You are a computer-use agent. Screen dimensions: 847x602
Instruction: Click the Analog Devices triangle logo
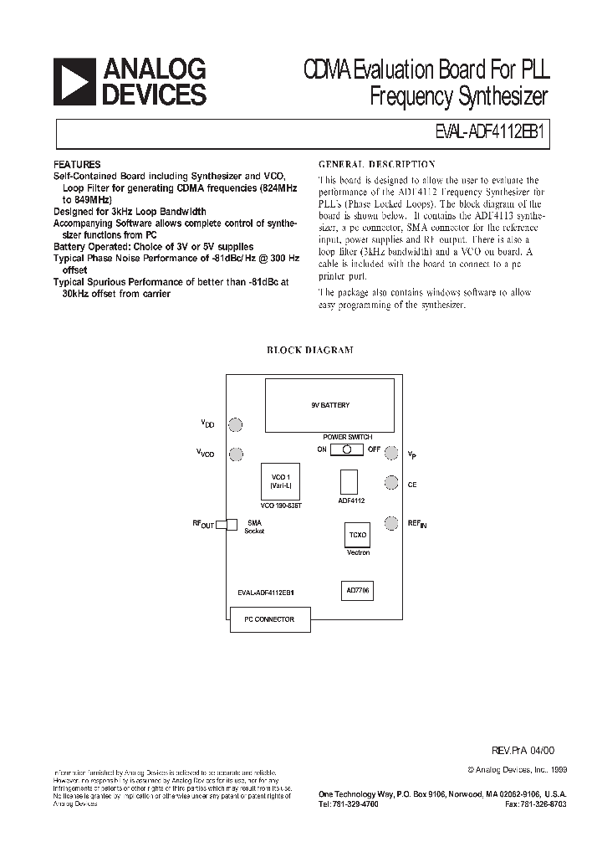pyautogui.click(x=74, y=81)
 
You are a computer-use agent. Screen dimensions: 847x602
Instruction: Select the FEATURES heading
pyautogui.click(x=77, y=165)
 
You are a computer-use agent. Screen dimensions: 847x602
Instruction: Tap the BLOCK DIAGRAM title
pyautogui.click(x=309, y=351)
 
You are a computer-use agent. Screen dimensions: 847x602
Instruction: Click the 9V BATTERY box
pyautogui.click(x=330, y=404)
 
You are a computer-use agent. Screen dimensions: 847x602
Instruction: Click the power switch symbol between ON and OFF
pyautogui.click(x=346, y=449)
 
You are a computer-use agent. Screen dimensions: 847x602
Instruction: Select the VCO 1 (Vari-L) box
pyautogui.click(x=279, y=481)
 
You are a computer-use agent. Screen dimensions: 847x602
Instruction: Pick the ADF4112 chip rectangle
pyautogui.click(x=349, y=482)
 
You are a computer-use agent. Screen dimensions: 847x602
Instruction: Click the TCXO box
pyautogui.click(x=358, y=535)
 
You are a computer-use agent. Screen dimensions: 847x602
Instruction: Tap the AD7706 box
pyautogui.click(x=358, y=590)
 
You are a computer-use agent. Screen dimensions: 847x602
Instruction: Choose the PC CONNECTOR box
pyautogui.click(x=269, y=619)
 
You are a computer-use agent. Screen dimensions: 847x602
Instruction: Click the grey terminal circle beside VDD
pyautogui.click(x=237, y=425)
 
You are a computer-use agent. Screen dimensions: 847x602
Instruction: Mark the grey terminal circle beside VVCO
pyautogui.click(x=237, y=454)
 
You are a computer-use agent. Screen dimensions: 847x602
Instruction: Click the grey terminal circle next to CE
pyautogui.click(x=390, y=483)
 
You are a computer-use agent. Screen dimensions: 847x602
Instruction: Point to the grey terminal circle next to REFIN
pyautogui.click(x=390, y=524)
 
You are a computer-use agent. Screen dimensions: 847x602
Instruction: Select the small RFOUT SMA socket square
pyautogui.click(x=232, y=524)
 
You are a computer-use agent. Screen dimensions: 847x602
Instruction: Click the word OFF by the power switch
pyautogui.click(x=375, y=449)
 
